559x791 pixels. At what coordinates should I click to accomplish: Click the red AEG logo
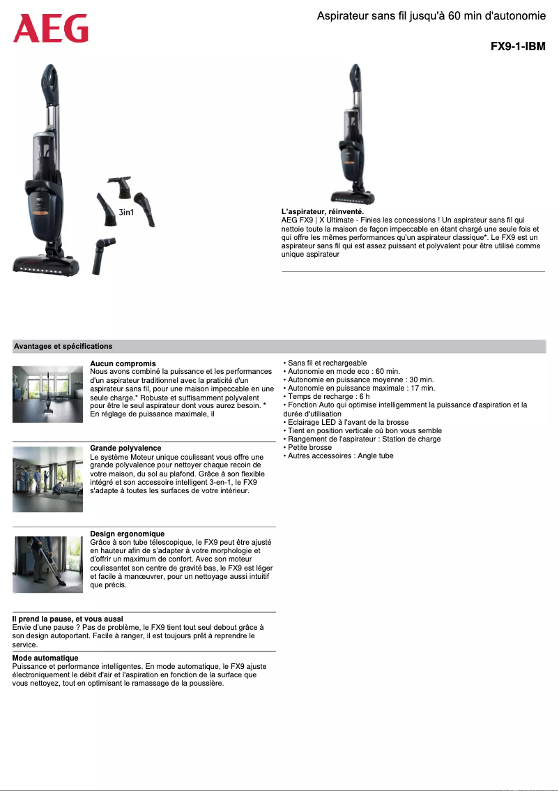(x=51, y=29)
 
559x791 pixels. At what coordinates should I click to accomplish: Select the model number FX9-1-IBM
(x=517, y=47)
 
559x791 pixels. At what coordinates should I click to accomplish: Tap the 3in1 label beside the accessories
(x=127, y=211)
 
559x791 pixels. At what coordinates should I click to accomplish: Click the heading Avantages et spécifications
(x=63, y=346)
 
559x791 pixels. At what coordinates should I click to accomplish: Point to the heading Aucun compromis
(x=123, y=363)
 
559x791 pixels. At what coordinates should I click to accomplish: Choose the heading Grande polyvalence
(x=125, y=448)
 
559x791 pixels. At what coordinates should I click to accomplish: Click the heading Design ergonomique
(x=127, y=534)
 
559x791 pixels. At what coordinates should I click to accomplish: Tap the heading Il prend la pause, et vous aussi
(x=68, y=619)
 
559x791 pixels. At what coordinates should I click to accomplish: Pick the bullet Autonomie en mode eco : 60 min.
(x=343, y=371)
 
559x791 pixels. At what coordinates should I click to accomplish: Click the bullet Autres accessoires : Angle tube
(x=340, y=455)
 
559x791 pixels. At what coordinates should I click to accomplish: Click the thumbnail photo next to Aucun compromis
(x=47, y=393)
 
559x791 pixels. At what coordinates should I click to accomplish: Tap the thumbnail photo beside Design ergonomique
(x=47, y=564)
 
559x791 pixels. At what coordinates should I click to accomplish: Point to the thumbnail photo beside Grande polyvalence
(x=47, y=479)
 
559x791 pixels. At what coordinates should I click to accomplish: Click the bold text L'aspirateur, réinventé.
(x=322, y=211)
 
